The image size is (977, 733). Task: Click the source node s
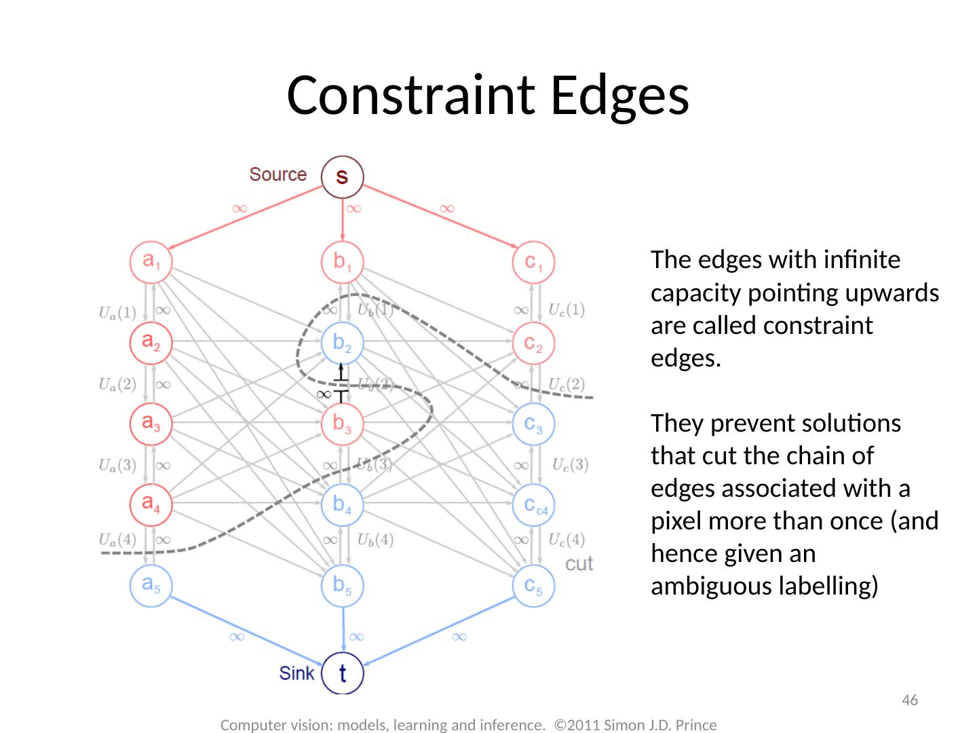[x=343, y=176]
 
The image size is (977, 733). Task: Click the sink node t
[x=343, y=673]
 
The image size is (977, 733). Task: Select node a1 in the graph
[x=151, y=261]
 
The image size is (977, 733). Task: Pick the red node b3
[x=343, y=424]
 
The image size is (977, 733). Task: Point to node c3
[x=534, y=424]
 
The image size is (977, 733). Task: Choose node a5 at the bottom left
[x=151, y=584]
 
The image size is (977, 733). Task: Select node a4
[x=151, y=504]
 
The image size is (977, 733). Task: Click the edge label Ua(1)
[x=117, y=313]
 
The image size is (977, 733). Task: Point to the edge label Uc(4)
[x=567, y=540]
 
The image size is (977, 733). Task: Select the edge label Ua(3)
[x=117, y=466]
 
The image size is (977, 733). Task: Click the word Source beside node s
[x=277, y=174]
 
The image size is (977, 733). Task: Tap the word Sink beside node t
[x=296, y=673]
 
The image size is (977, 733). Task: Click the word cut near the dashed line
[x=579, y=563]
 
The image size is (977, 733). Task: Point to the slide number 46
[x=910, y=700]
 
